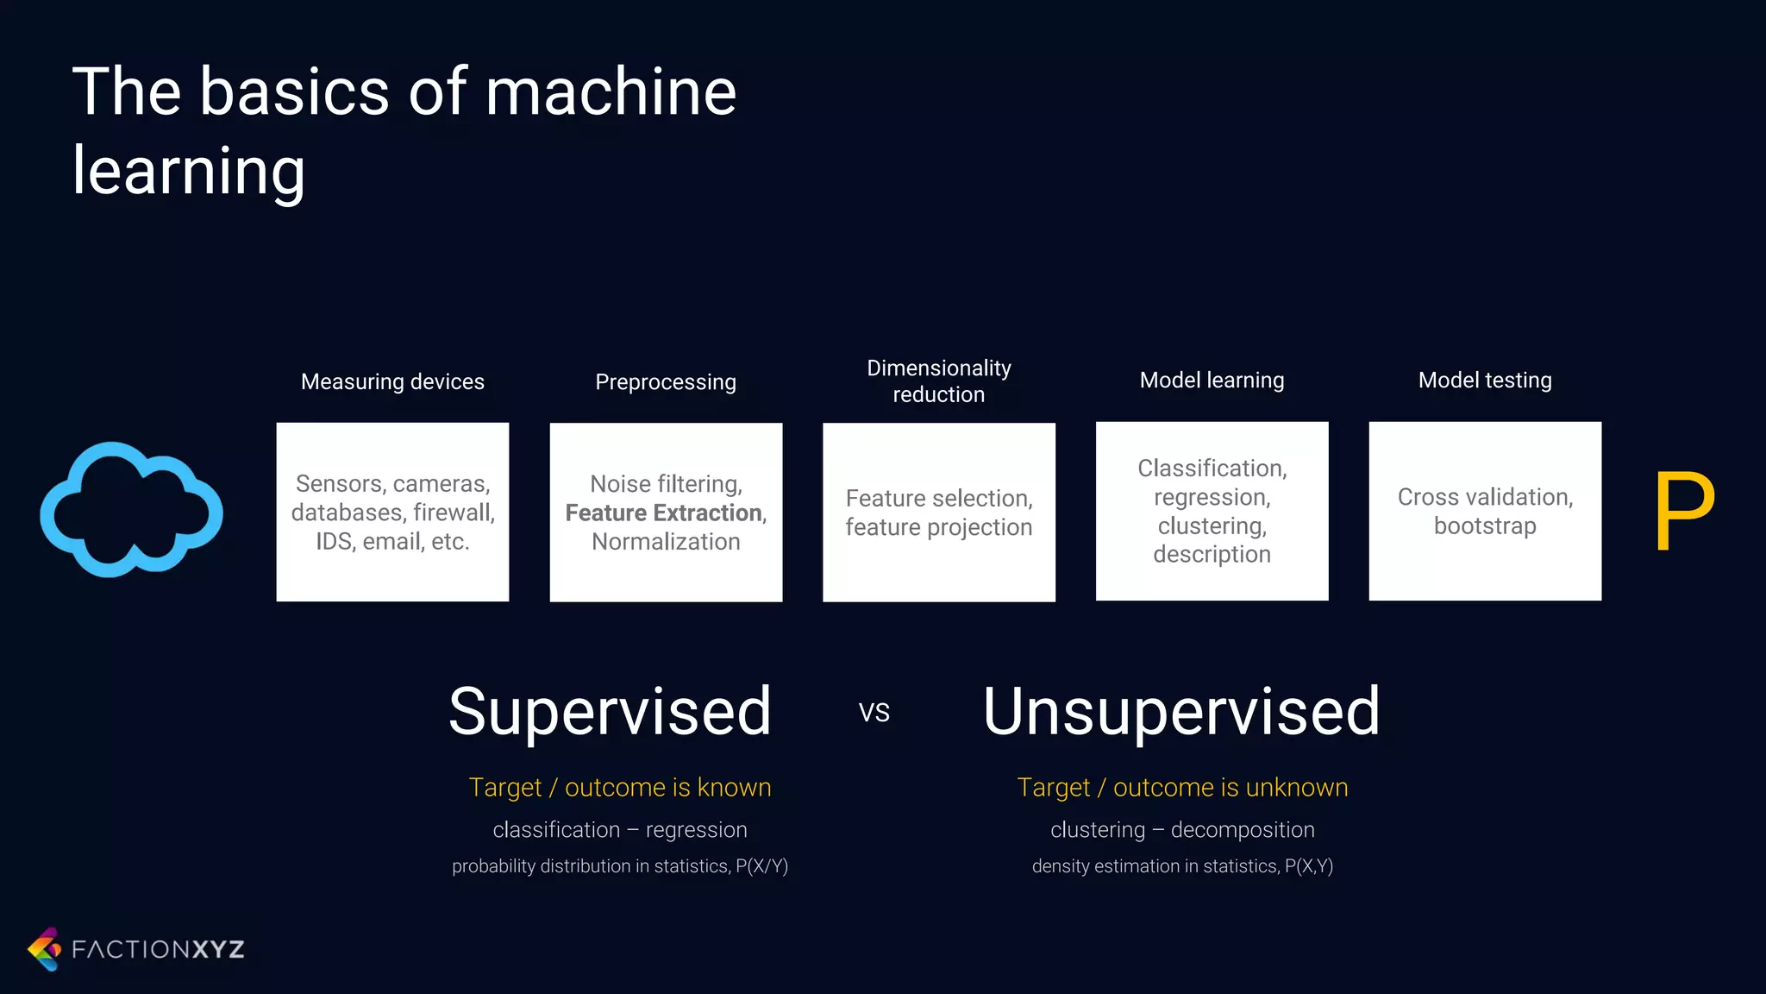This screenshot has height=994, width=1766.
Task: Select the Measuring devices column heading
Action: [x=392, y=381]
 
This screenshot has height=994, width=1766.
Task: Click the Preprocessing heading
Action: [x=666, y=381]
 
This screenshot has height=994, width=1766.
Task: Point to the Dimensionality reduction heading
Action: [x=938, y=381]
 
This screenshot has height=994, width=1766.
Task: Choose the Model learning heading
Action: [x=1212, y=380]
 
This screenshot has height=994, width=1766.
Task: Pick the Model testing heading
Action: [x=1484, y=380]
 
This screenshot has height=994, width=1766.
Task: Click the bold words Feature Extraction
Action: [x=664, y=513]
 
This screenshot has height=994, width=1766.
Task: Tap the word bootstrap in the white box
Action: [x=1485, y=526]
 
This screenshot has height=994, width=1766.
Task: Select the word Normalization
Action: [x=666, y=542]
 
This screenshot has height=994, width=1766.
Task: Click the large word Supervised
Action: [x=610, y=712]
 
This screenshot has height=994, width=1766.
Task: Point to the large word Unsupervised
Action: [x=1181, y=712]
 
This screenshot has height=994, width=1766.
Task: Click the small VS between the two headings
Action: [x=874, y=713]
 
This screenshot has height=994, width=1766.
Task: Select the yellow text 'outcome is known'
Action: [x=667, y=788]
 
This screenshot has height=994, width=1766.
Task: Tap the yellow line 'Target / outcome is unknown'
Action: [x=1181, y=788]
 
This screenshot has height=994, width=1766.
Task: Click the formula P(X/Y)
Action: [x=761, y=866]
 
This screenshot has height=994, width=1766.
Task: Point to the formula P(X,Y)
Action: [x=1308, y=866]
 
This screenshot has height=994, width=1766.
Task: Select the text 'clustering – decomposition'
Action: [x=1181, y=830]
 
